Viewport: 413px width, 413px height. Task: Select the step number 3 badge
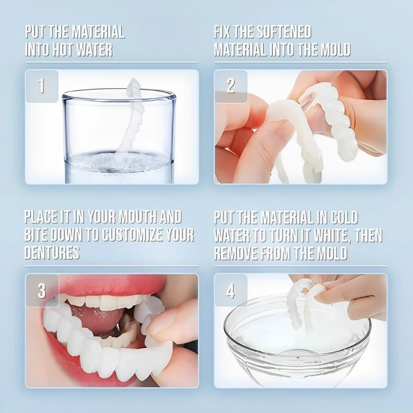pos(42,290)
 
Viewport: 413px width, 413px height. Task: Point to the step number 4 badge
pos(230,290)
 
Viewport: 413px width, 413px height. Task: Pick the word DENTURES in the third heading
pos(52,252)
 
